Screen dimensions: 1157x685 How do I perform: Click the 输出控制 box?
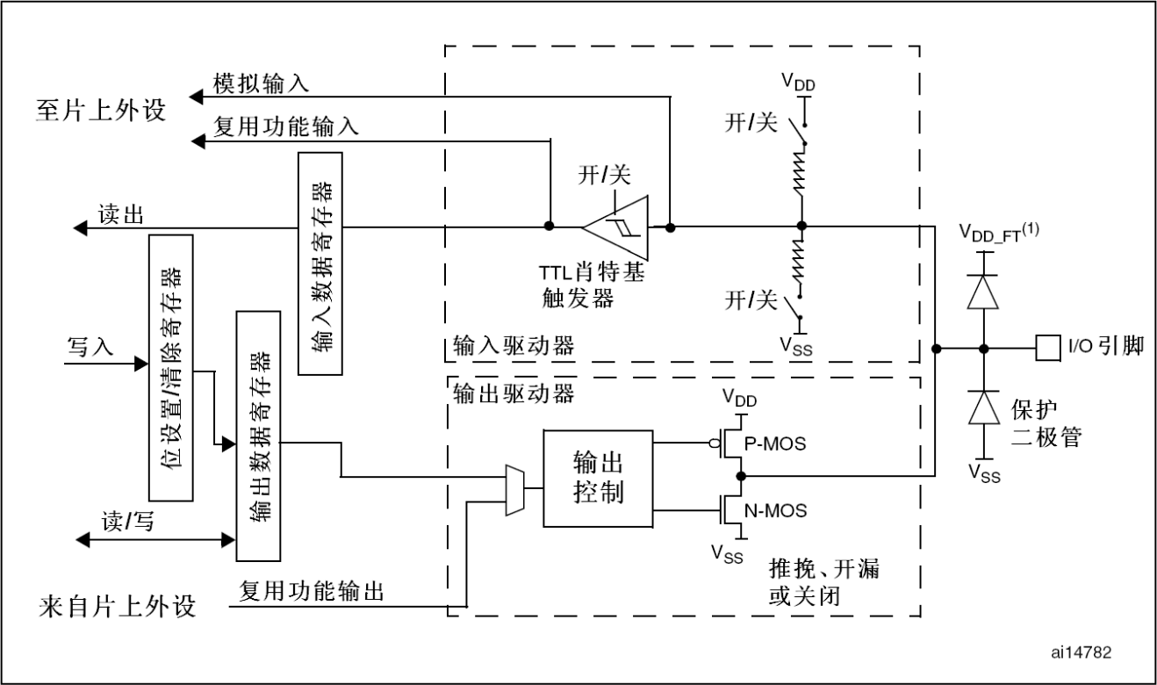coord(598,479)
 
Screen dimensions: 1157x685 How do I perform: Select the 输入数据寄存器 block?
coord(320,263)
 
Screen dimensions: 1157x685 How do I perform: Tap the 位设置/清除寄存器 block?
coord(171,368)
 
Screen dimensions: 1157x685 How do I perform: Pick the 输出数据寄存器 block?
coord(258,436)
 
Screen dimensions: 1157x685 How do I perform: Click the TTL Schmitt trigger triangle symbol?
coord(615,227)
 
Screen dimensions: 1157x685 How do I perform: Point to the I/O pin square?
coord(1048,349)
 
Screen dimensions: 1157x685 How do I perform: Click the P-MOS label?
coord(775,443)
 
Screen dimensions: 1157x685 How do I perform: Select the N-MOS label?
coord(775,510)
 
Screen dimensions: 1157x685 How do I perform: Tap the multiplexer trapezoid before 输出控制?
coord(515,490)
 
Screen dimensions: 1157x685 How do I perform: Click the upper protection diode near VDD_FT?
coord(982,292)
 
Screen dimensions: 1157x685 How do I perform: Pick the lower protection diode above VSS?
coord(983,407)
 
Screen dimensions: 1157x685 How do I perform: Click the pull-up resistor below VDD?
coord(800,170)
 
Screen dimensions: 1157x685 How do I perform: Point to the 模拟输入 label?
coord(262,83)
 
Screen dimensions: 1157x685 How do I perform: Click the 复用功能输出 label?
coord(312,590)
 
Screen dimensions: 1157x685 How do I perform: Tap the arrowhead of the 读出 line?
coord(80,227)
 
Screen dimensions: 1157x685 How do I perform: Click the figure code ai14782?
coord(1082,653)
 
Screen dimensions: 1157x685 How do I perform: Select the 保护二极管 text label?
coord(1046,423)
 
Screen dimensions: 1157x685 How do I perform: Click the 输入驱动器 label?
coord(514,346)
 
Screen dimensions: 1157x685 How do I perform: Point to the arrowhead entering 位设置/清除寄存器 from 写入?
coord(141,364)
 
